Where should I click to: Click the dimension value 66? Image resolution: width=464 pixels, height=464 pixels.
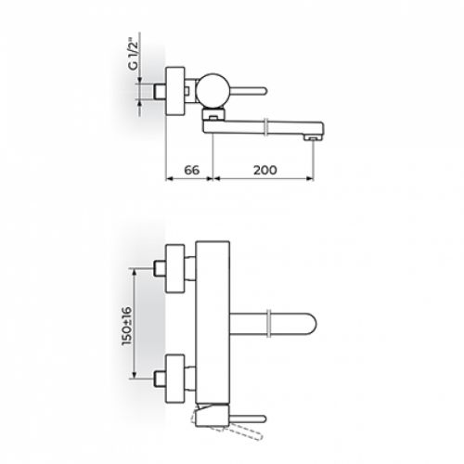click(x=192, y=170)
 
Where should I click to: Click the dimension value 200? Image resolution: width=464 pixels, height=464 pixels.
click(x=265, y=170)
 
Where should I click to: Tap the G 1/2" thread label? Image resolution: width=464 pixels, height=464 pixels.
click(x=134, y=55)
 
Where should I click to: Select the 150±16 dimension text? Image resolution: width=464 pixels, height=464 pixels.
click(x=127, y=326)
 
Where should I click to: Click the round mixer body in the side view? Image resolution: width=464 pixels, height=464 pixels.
click(x=213, y=89)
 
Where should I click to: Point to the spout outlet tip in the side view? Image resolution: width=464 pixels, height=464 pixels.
click(x=313, y=138)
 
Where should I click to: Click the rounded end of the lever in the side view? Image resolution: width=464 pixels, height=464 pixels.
click(x=264, y=91)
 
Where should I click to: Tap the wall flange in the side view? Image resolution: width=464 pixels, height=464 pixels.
click(x=175, y=91)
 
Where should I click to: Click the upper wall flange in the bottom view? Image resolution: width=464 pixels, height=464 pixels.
click(x=175, y=268)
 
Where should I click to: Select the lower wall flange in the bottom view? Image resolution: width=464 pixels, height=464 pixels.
click(x=175, y=379)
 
